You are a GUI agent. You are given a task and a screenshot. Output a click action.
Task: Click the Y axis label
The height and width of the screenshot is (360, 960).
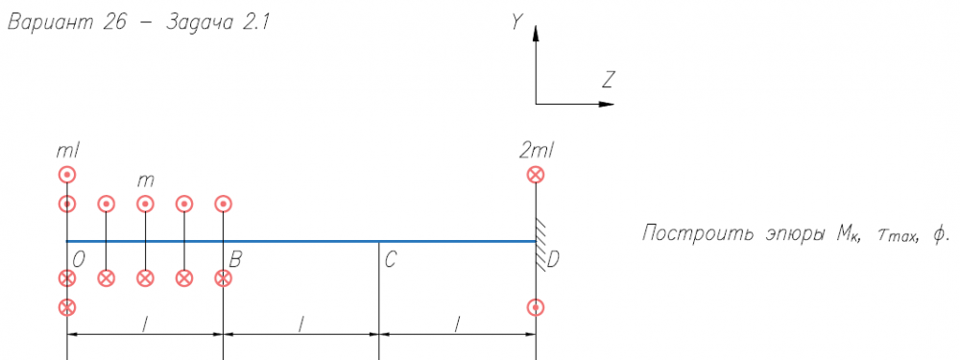coord(517,23)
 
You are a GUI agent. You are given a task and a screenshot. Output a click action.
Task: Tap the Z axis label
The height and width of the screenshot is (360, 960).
coord(608,81)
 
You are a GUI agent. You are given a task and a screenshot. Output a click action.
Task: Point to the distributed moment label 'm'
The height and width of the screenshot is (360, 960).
coord(146,181)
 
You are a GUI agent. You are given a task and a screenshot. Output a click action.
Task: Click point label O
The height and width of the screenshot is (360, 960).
coord(79,261)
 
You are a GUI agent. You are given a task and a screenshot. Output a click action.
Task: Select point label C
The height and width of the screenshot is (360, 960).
coord(392,261)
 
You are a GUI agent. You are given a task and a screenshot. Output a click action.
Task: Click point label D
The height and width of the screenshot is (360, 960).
coord(552,261)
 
